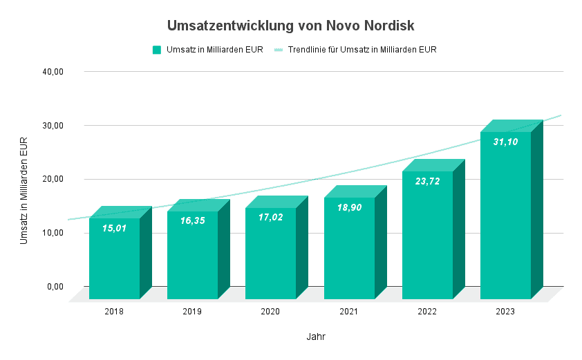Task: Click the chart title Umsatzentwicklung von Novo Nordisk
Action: (x=290, y=26)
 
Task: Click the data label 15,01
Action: (x=115, y=227)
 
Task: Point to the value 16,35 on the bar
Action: (x=193, y=220)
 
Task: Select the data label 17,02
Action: (x=271, y=217)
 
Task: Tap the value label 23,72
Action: (x=427, y=181)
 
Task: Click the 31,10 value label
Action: (x=505, y=142)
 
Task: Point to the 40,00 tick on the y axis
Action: (x=53, y=71)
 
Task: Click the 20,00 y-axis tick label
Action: (x=53, y=179)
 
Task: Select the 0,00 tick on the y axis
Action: (x=55, y=286)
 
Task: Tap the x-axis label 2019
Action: (x=193, y=312)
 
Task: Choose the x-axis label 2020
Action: (x=271, y=312)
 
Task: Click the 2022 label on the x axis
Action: (x=427, y=312)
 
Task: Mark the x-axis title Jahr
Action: (x=316, y=337)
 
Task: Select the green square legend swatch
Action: (x=157, y=50)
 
